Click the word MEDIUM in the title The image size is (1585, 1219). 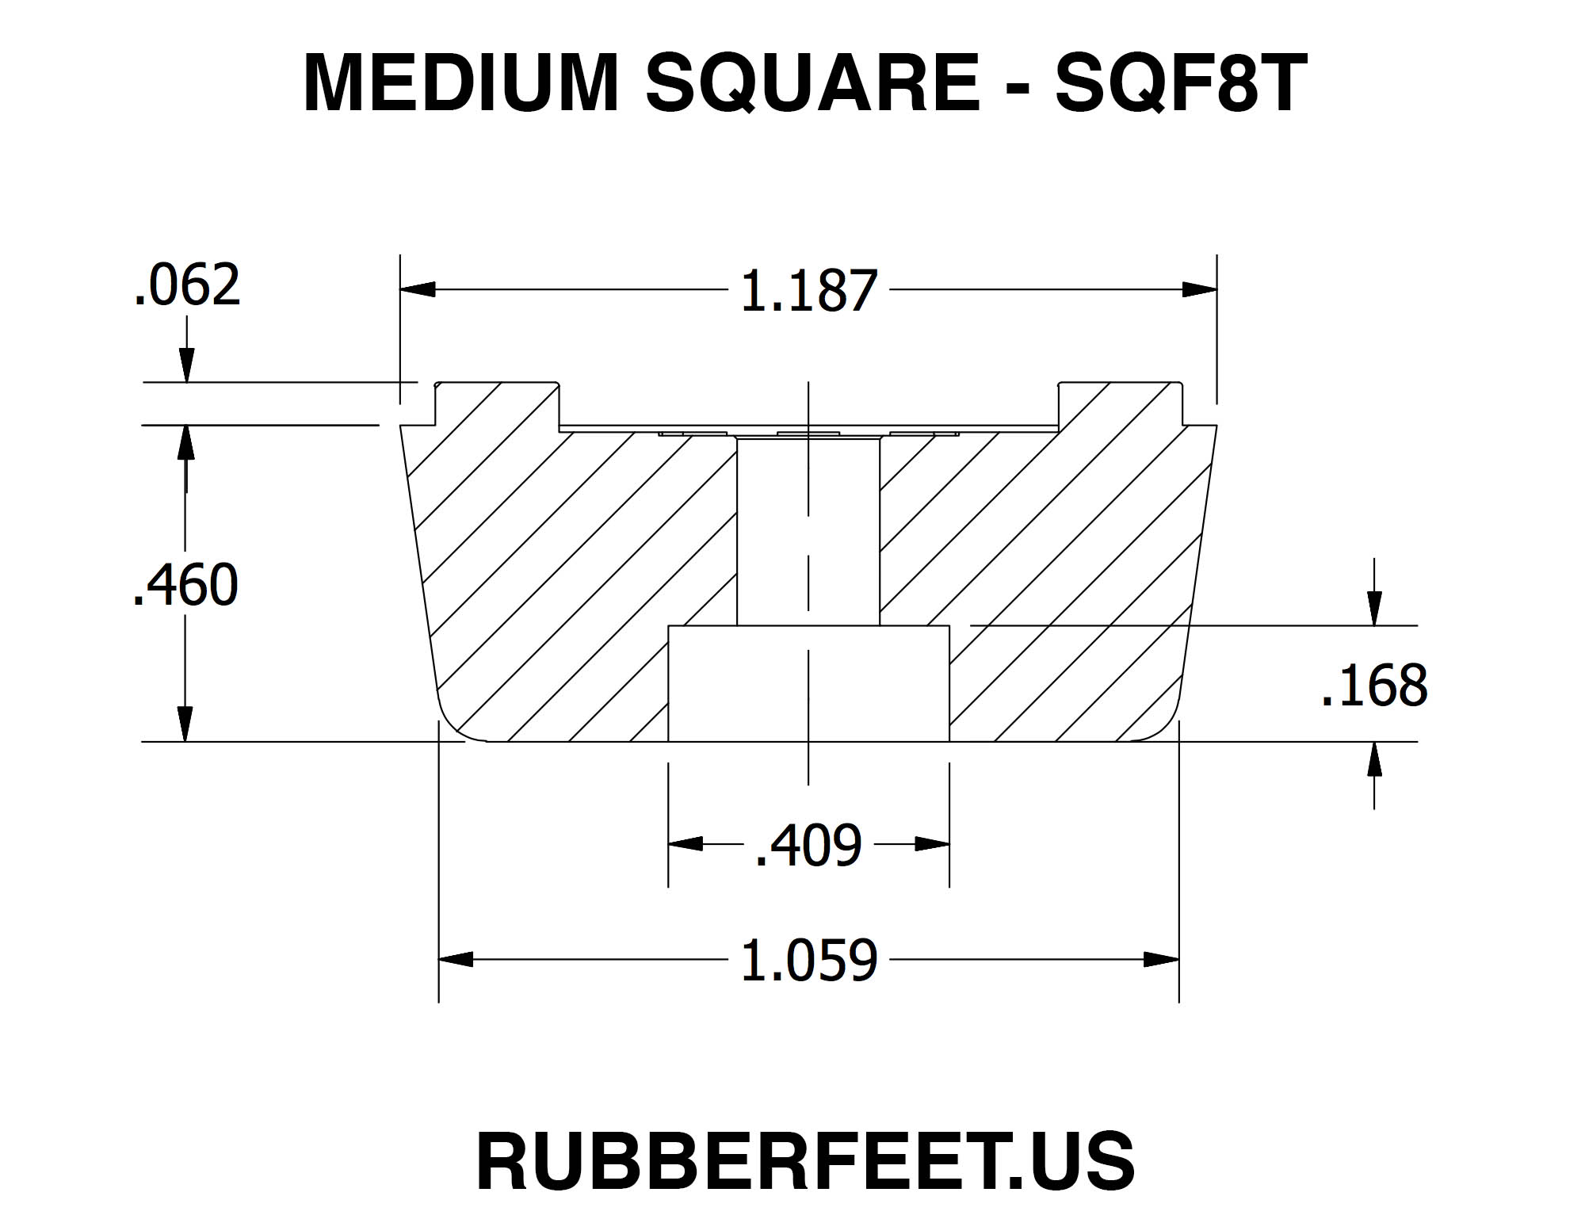pyautogui.click(x=460, y=83)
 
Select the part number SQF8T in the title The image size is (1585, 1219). pyautogui.click(x=1180, y=83)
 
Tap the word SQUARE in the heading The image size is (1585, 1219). pyautogui.click(x=812, y=83)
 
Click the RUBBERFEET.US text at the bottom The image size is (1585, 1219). pyautogui.click(x=805, y=1161)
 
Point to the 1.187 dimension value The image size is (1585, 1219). pyautogui.click(x=808, y=292)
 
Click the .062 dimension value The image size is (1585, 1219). pyautogui.click(x=187, y=285)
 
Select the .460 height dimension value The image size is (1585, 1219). pyautogui.click(x=185, y=585)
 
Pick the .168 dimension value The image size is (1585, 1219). pyautogui.click(x=1374, y=686)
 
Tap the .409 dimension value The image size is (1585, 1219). pyautogui.click(x=808, y=846)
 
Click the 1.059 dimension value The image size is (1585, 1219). pyautogui.click(x=808, y=961)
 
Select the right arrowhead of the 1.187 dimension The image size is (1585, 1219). pyautogui.click(x=1199, y=289)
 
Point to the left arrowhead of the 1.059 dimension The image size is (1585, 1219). pyautogui.click(x=456, y=960)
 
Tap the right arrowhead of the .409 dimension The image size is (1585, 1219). pyautogui.click(x=932, y=844)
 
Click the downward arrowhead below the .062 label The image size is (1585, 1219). pyautogui.click(x=187, y=366)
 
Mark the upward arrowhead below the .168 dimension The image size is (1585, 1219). pyautogui.click(x=1375, y=759)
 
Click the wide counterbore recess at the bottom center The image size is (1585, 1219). pyautogui.click(x=808, y=684)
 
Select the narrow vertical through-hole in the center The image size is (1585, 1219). pyautogui.click(x=808, y=531)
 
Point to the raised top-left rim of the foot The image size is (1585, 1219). pyautogui.click(x=496, y=403)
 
